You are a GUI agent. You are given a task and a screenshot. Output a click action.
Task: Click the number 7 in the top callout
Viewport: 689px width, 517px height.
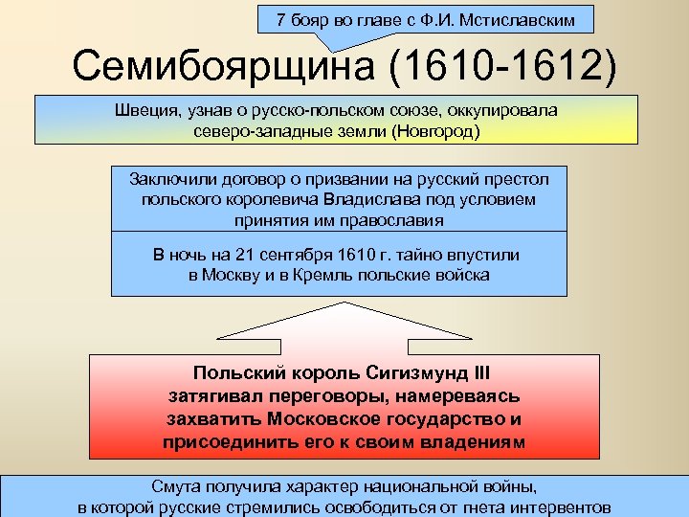coord(280,19)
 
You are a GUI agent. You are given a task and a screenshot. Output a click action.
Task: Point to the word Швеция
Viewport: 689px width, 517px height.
coord(144,110)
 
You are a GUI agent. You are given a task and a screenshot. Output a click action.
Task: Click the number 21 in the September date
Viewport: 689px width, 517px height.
coord(247,255)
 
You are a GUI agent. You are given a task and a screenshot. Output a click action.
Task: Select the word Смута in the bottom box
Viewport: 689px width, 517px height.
coord(178,487)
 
